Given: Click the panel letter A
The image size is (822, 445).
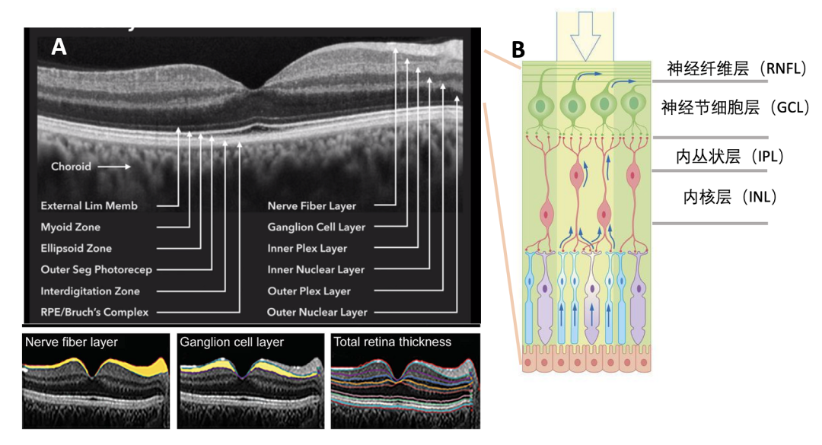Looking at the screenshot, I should pyautogui.click(x=59, y=46).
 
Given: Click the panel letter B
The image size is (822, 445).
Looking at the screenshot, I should pyautogui.click(x=518, y=51).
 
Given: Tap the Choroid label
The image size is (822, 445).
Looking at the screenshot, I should pyautogui.click(x=71, y=166).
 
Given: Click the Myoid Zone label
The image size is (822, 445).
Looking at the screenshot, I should pyautogui.click(x=70, y=227).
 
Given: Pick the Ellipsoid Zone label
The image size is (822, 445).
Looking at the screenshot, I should pyautogui.click(x=76, y=248).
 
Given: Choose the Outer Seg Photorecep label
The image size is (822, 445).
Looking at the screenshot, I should pyautogui.click(x=96, y=269).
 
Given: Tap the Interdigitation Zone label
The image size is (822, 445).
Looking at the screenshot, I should pyautogui.click(x=90, y=291).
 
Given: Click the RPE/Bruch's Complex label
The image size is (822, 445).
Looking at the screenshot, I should pyautogui.click(x=94, y=312).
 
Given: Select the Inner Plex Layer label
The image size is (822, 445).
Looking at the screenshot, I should pyautogui.click(x=307, y=248).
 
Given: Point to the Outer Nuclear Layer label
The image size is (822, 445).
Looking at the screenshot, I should pyautogui.click(x=317, y=312).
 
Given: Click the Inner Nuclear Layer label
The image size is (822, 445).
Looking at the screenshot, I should pyautogui.click(x=316, y=269).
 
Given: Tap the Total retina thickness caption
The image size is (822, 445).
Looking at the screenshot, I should pyautogui.click(x=392, y=342).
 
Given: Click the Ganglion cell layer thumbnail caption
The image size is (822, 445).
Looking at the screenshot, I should pyautogui.click(x=231, y=342).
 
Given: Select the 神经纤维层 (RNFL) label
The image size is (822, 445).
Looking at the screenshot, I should pyautogui.click(x=736, y=69).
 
